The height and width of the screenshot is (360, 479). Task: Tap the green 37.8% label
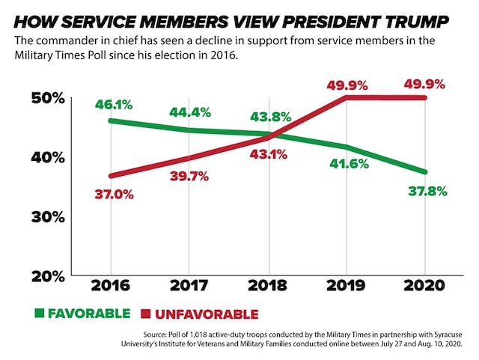[x=427, y=191]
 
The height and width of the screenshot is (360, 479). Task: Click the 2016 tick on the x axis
[x=111, y=286]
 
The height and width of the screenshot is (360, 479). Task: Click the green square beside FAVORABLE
[x=38, y=313]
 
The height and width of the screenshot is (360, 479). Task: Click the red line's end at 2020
[x=424, y=97]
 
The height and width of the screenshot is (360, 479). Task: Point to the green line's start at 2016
[x=111, y=120]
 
